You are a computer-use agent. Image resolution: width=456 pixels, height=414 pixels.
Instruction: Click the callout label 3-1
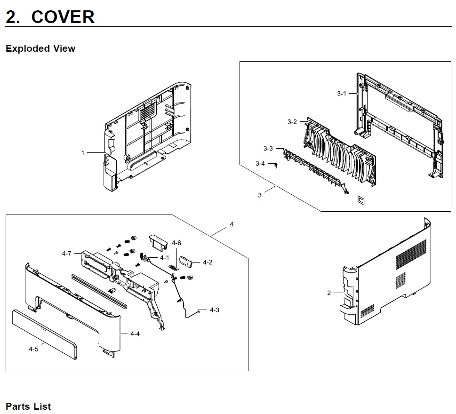tap(341, 94)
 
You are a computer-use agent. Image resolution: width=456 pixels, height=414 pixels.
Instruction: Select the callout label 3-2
tap(292, 122)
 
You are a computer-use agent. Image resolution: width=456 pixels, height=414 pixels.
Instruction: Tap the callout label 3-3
tap(268, 149)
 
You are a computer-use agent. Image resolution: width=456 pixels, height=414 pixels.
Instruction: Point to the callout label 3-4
tap(260, 163)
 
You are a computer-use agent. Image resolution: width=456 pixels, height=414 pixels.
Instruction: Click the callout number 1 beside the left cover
tap(83, 152)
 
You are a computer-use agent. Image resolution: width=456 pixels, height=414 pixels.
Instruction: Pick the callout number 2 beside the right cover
tap(329, 293)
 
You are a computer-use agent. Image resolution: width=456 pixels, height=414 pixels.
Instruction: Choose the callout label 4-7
tap(66, 254)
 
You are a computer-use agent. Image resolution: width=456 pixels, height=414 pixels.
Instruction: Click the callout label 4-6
tap(176, 243)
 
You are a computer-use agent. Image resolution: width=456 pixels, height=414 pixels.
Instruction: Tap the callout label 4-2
tap(208, 262)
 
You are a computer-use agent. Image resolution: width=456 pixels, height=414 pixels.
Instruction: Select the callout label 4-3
tap(215, 310)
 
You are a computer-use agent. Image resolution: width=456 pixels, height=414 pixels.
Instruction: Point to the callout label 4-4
tap(135, 334)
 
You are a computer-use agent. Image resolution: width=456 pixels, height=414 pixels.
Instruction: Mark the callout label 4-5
tap(33, 349)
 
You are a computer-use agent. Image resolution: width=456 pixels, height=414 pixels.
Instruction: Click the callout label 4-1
tap(164, 258)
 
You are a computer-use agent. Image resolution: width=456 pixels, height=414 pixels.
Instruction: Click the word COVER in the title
tap(63, 17)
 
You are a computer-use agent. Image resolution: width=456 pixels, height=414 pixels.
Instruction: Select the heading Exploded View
tap(40, 48)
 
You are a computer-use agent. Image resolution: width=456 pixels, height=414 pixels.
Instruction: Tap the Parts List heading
tap(28, 406)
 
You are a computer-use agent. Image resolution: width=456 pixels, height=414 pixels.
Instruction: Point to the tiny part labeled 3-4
tap(276, 165)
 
